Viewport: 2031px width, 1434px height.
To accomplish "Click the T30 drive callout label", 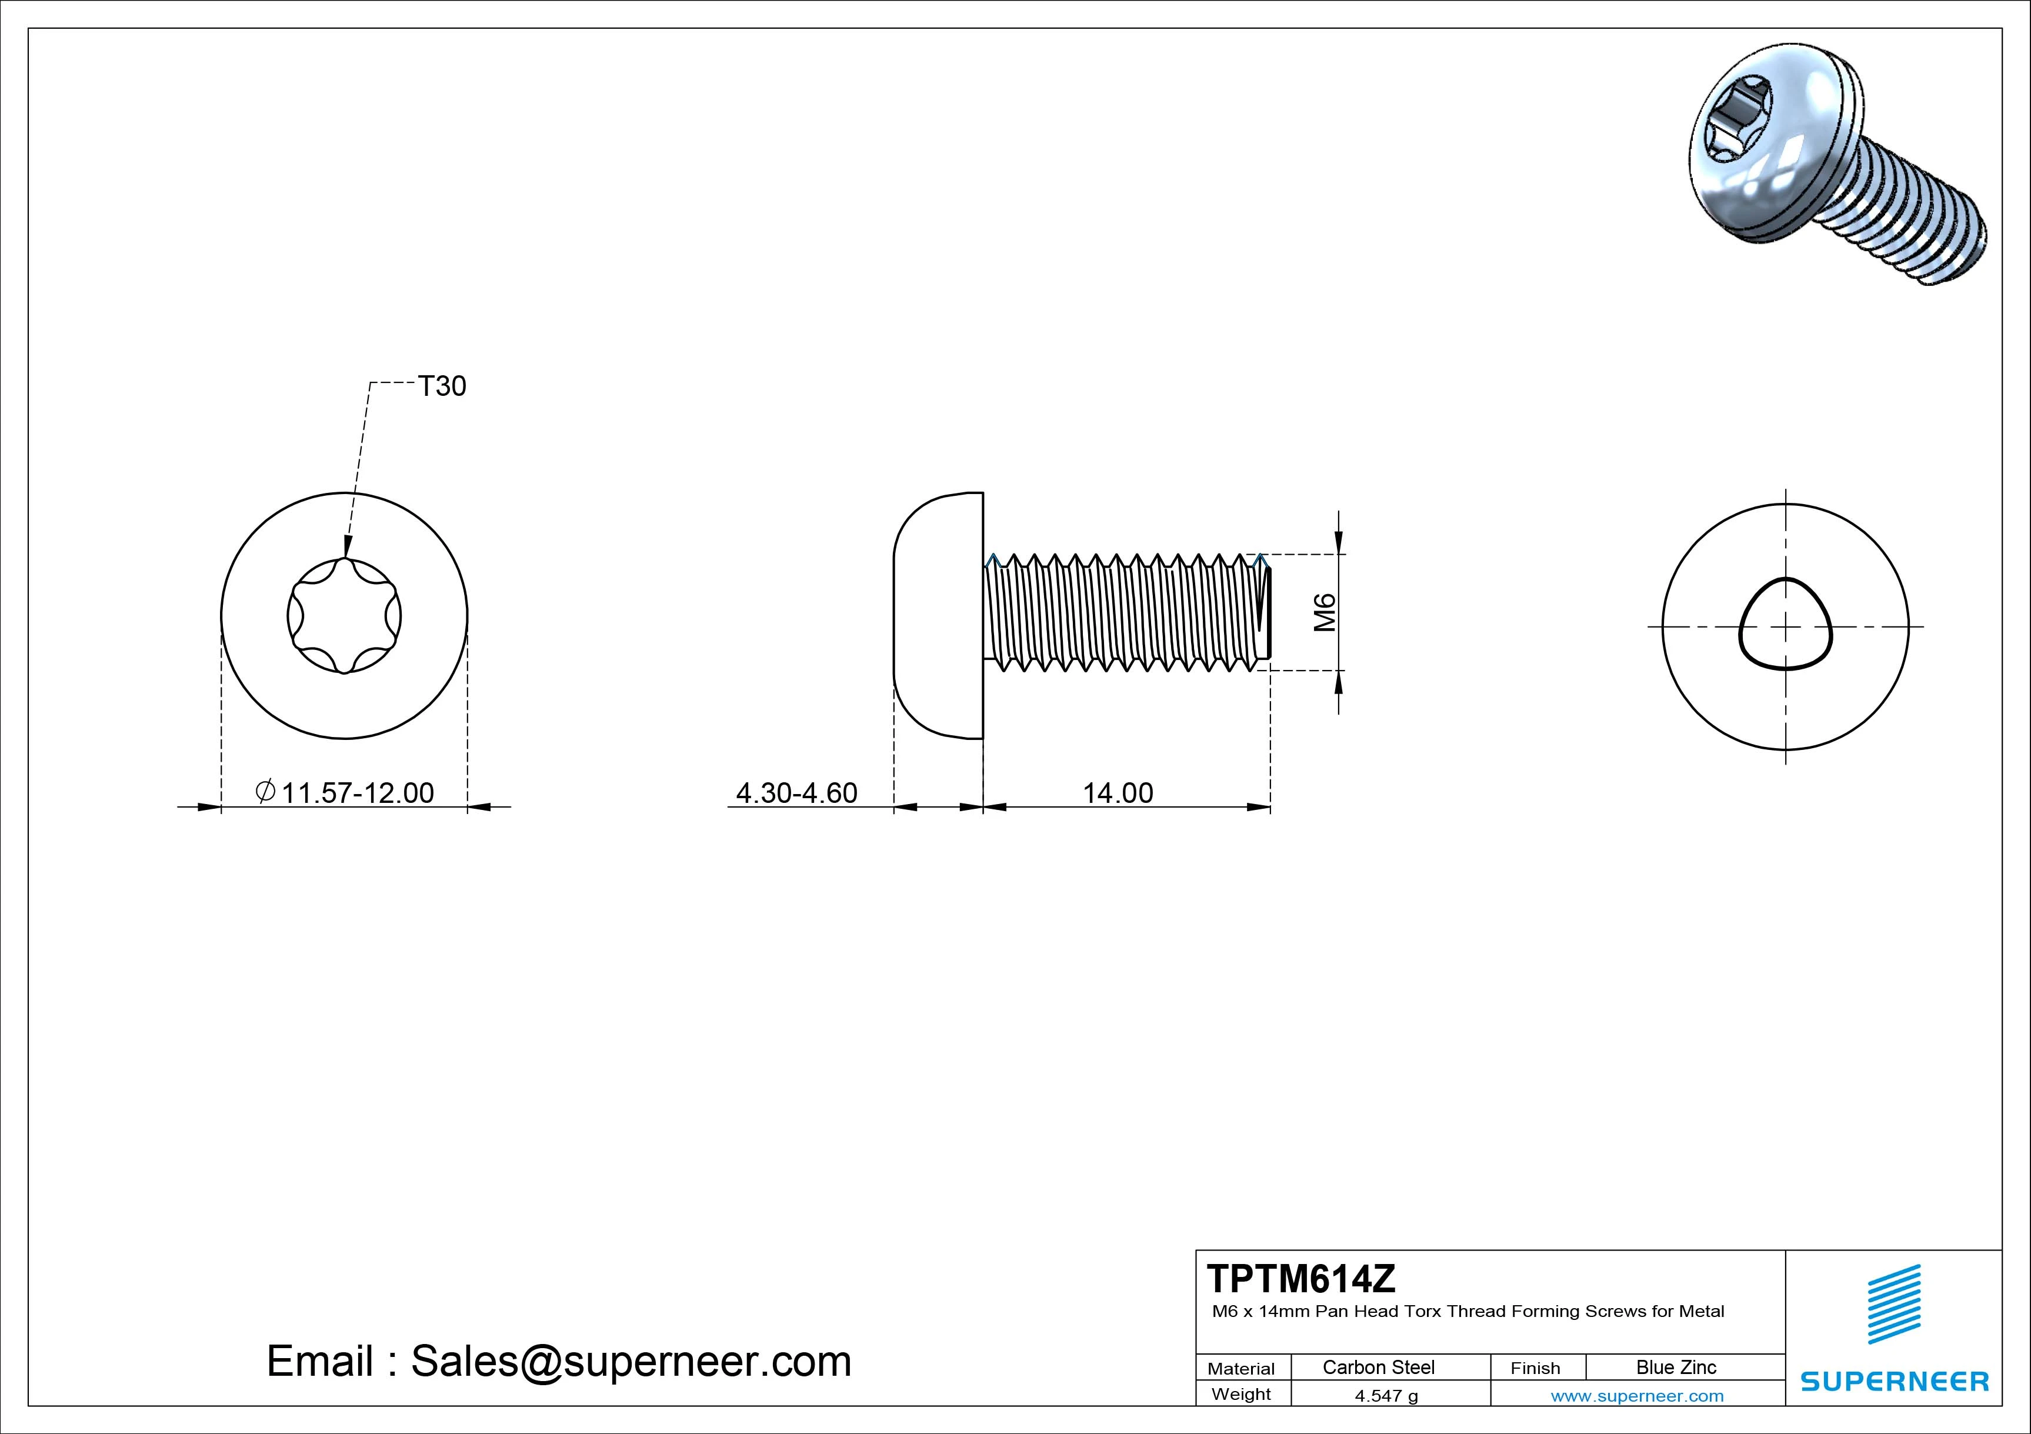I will pos(441,386).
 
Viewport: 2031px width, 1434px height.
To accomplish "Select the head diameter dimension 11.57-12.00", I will pos(356,793).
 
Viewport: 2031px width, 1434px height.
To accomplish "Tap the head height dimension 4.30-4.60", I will pos(796,793).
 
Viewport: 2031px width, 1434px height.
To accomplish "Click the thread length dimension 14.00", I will pos(1118,793).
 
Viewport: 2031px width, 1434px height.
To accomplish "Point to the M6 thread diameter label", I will pos(1324,612).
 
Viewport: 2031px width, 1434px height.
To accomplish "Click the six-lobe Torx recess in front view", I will pos(344,616).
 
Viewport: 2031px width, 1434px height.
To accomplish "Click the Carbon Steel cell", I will pos(1378,1368).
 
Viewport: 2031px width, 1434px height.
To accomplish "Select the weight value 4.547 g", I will pos(1386,1396).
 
